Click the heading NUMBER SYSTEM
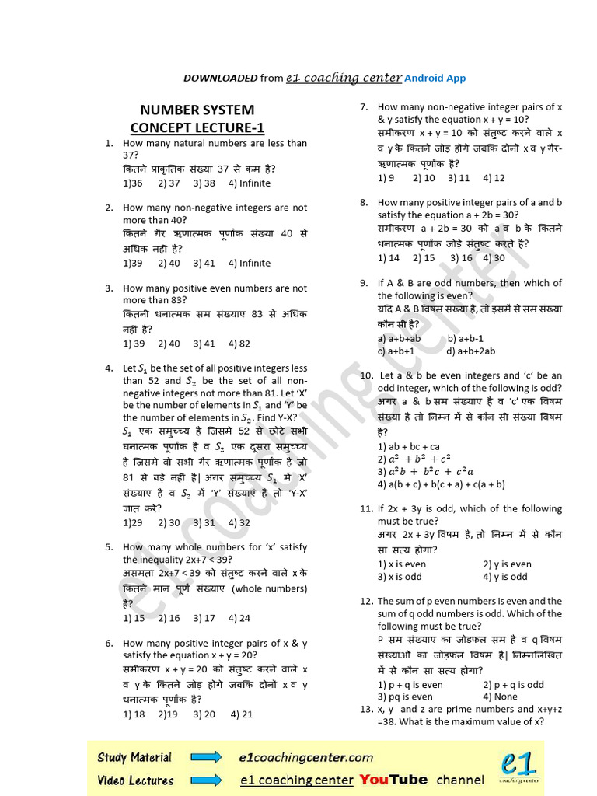click(x=197, y=110)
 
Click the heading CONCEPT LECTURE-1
click(x=197, y=127)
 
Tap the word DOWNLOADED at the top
click(x=220, y=78)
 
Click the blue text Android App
click(x=435, y=78)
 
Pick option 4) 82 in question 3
click(x=239, y=344)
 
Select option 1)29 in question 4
click(x=133, y=523)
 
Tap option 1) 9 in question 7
click(x=386, y=178)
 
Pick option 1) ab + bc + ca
click(x=409, y=447)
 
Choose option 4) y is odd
click(x=504, y=577)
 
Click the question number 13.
click(x=366, y=709)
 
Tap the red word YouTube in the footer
click(x=393, y=780)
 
